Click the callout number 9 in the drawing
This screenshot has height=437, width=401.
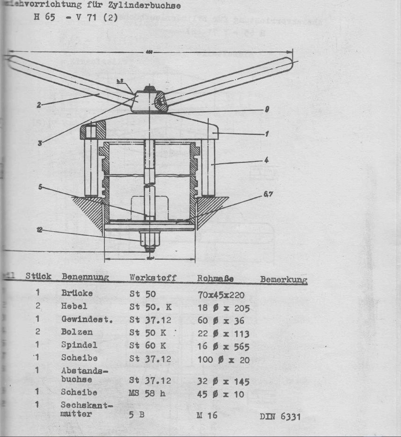266,110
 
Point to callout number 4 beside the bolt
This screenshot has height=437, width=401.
266,160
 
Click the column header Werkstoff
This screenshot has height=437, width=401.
153,278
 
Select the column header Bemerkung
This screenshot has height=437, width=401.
284,280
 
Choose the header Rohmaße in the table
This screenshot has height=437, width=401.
215,278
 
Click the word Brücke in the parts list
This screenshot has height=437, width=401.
77,293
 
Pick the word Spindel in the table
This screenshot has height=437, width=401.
79,345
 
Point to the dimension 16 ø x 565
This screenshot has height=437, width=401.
223,347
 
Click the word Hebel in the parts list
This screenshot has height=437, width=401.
74,306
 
